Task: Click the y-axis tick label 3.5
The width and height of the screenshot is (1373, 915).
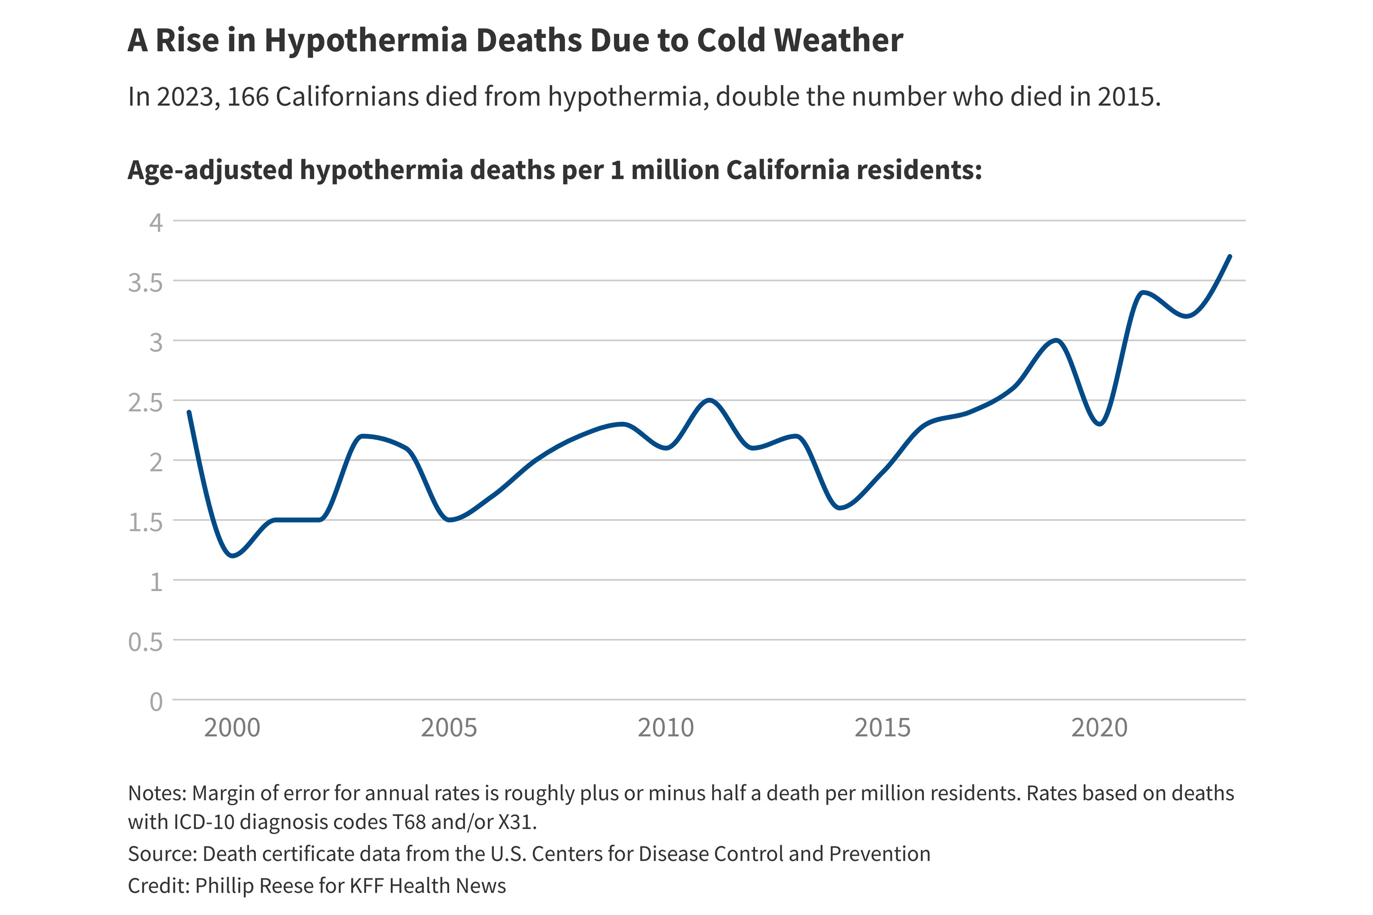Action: pos(146,283)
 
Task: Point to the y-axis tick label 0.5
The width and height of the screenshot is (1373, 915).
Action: pos(146,642)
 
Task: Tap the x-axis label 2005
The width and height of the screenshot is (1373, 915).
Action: pos(449,728)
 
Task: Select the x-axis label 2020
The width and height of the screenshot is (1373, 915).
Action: pos(1099,728)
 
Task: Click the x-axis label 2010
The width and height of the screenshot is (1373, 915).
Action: pos(665,728)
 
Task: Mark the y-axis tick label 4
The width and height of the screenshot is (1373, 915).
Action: pos(156,223)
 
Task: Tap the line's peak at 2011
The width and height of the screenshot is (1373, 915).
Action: pos(708,400)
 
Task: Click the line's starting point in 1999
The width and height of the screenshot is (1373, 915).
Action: pos(189,412)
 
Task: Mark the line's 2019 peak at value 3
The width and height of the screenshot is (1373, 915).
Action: pos(1056,340)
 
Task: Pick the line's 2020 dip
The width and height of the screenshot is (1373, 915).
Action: pos(1100,424)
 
